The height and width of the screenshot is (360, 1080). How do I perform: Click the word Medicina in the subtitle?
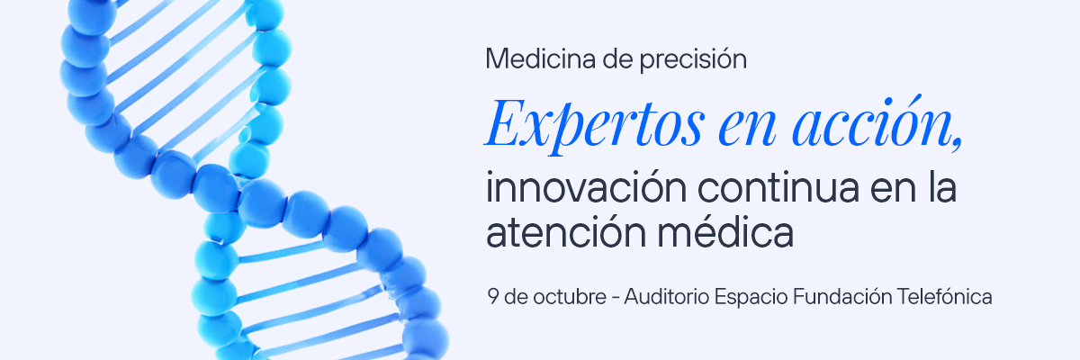click(541, 58)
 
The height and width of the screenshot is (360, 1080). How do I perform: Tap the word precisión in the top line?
click(693, 60)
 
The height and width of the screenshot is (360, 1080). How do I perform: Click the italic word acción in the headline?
click(872, 121)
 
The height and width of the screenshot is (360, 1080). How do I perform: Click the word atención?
click(565, 232)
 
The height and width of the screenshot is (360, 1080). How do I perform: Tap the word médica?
click(725, 230)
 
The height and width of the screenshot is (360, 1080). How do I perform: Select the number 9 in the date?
click(492, 296)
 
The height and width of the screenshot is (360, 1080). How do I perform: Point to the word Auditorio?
click(667, 296)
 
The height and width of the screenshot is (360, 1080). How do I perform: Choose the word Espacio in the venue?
click(751, 297)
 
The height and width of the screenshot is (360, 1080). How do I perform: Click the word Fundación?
click(842, 296)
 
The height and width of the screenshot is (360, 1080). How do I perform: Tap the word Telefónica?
click(944, 296)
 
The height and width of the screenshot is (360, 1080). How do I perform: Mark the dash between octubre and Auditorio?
click(616, 297)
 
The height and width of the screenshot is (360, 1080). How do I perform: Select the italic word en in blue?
click(747, 128)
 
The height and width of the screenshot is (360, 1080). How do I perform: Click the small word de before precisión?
click(617, 58)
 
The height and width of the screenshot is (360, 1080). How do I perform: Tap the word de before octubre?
click(516, 296)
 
